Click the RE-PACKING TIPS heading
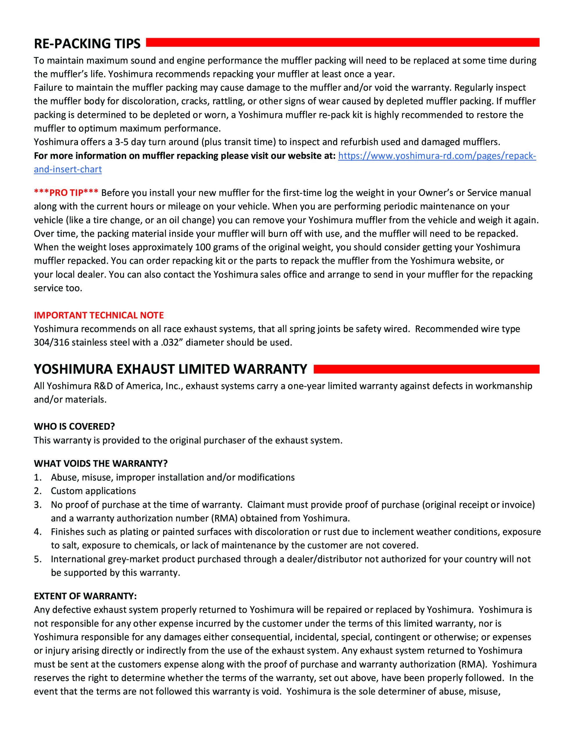click(87, 44)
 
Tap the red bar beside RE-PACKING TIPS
click(342, 43)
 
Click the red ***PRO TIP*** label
click(66, 193)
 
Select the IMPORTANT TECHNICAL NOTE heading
click(99, 315)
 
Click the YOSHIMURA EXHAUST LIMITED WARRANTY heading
click(170, 369)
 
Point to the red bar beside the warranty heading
click(426, 369)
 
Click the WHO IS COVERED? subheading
click(74, 427)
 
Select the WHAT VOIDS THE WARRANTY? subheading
click(101, 464)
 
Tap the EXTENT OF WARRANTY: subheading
click(85, 596)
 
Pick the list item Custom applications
click(93, 491)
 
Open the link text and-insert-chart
click(67, 169)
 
